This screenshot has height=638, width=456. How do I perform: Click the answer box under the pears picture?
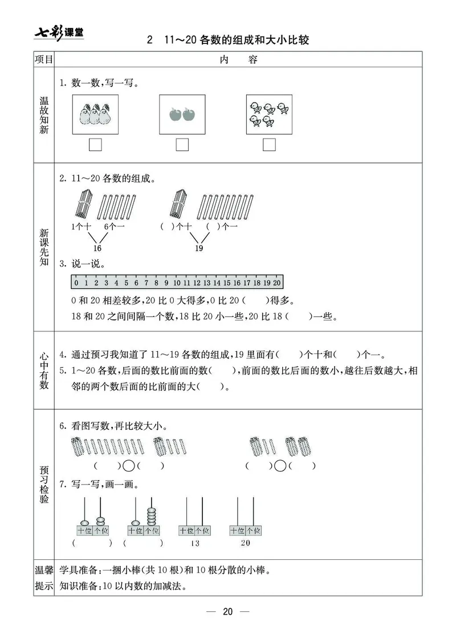pos(96,145)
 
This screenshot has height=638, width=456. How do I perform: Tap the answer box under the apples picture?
pos(182,145)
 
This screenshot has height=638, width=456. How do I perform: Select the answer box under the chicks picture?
pos(269,145)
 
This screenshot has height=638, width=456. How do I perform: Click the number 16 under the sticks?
pos(97,248)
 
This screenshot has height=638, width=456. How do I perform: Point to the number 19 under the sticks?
pos(199,248)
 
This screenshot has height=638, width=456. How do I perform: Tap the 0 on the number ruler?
pos(76,283)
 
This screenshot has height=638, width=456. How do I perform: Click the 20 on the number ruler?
pos(277,283)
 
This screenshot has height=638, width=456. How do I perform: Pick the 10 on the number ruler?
pos(177,283)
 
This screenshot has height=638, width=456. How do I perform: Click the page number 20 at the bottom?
pos(228,612)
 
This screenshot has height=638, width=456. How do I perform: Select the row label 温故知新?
pos(44,116)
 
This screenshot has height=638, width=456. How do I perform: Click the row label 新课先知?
pos(44,247)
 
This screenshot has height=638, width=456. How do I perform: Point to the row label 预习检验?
pos(44,485)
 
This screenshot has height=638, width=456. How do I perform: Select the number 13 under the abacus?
pos(195,543)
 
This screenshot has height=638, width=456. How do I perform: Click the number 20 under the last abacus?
pos(245,543)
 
